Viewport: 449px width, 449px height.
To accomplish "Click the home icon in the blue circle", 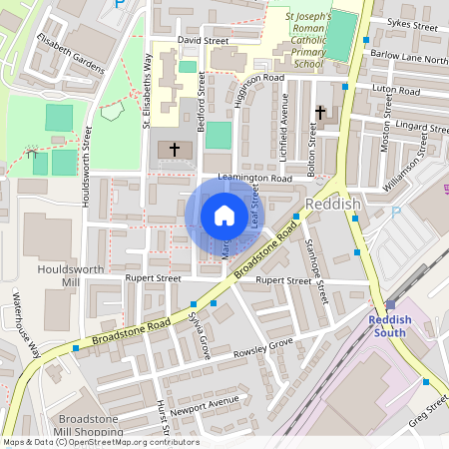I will coord(224,216).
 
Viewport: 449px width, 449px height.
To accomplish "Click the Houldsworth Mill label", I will coord(57,276).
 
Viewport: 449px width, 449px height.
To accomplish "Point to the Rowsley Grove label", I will coord(263,348).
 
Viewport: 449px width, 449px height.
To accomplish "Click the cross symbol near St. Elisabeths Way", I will coord(175,150).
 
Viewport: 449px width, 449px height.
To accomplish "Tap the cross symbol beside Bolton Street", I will coord(320,114).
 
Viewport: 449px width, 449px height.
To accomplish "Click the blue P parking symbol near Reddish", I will coord(396,213).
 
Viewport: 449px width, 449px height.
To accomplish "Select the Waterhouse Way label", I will coord(28,324).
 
